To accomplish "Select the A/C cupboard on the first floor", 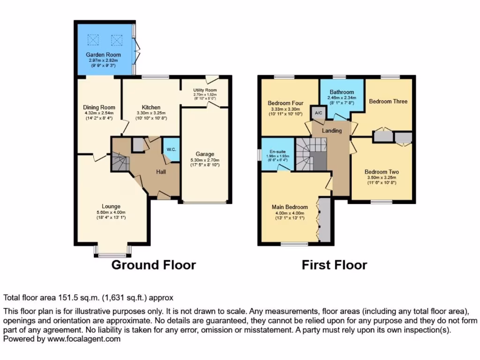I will [x=318, y=113].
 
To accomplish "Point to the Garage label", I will [x=205, y=154].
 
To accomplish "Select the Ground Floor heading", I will [x=153, y=265].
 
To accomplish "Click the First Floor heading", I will [x=334, y=265].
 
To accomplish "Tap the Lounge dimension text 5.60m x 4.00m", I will [x=111, y=212].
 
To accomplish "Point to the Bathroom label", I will [x=342, y=92].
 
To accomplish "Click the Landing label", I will [x=331, y=130].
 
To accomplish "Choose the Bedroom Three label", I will [x=388, y=101].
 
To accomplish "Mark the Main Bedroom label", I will [x=290, y=207].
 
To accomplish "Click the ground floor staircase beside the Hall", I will [x=120, y=163].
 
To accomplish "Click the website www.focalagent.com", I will [x=82, y=339].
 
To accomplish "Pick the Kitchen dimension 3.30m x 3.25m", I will [x=151, y=113].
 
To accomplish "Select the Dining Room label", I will [x=99, y=107].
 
